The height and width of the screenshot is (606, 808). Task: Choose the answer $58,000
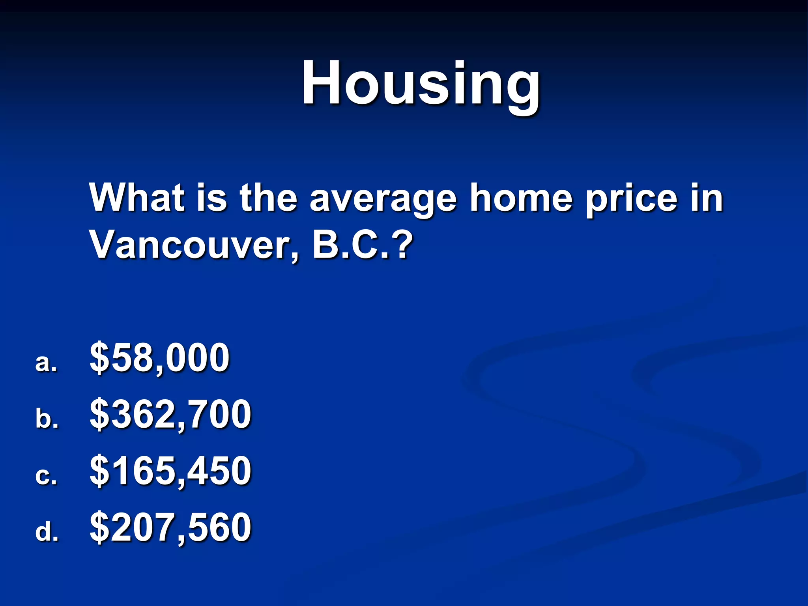pyautogui.click(x=159, y=358)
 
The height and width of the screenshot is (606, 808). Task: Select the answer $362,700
pyautogui.click(x=170, y=415)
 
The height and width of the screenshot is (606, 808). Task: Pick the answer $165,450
pyautogui.click(x=170, y=471)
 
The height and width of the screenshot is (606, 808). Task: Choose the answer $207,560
pyautogui.click(x=170, y=527)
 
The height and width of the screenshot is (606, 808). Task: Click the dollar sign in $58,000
pyautogui.click(x=99, y=358)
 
